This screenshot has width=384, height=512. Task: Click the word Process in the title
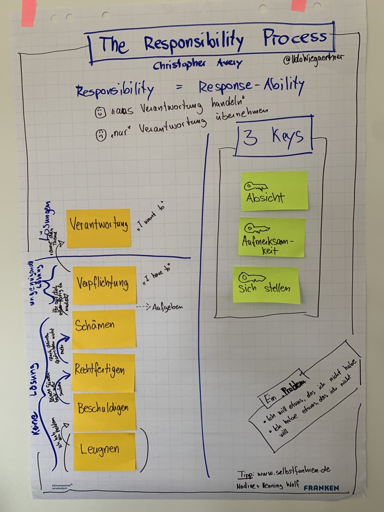tap(295, 37)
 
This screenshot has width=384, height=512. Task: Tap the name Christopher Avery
tap(197, 64)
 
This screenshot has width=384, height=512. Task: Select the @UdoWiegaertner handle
tap(313, 59)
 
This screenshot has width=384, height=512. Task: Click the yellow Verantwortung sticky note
tap(98, 228)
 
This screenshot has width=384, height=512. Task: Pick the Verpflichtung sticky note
tap(104, 284)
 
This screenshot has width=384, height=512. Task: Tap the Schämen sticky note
tap(104, 328)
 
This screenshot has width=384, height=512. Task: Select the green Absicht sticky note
tap(274, 190)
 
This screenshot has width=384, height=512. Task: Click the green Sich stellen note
tap(266, 284)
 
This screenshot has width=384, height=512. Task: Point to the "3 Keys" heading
tap(273, 136)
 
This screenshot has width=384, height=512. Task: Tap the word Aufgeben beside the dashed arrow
tap(167, 306)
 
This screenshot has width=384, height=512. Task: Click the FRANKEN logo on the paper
tap(321, 487)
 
